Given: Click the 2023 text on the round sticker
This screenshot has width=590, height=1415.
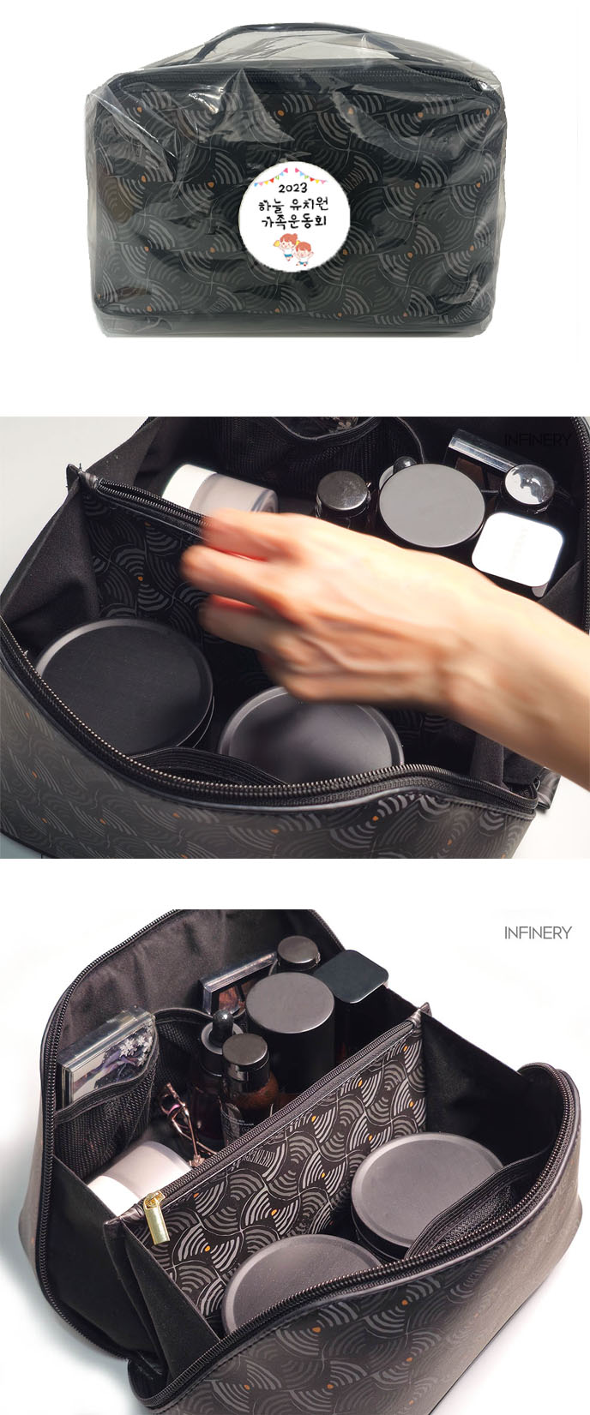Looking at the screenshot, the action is point(292,188).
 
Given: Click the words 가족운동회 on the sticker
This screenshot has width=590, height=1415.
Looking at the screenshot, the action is point(295,221).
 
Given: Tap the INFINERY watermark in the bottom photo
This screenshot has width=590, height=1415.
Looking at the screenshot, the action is point(538,932).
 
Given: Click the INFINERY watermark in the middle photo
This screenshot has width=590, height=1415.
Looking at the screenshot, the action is point(538,440).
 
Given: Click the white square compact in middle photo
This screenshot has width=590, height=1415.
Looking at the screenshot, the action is point(517,549).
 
